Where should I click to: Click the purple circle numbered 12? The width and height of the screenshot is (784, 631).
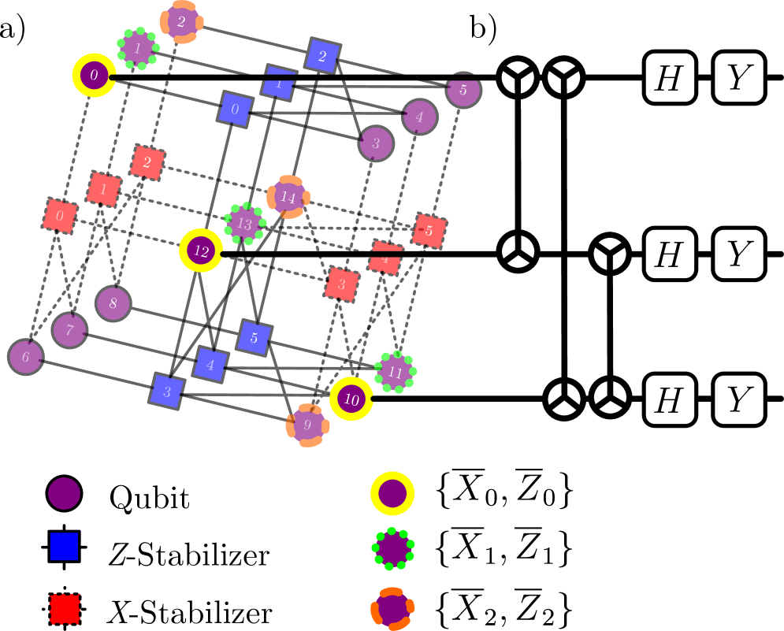coord(201,251)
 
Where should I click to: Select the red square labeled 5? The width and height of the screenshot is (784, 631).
coord(429,231)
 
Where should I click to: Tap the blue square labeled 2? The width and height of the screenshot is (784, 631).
coord(322,56)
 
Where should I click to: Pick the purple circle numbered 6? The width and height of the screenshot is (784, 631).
coord(26,357)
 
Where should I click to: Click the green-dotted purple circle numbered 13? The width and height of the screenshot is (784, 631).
coord(244,224)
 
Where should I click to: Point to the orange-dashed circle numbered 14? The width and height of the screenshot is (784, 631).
coord(288,197)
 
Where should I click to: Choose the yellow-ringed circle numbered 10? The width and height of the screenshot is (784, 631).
coord(351,399)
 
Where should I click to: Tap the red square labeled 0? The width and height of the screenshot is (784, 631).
coord(60,216)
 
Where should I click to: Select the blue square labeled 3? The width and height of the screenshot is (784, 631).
coord(167,392)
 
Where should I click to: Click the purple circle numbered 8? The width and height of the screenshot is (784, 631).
coord(113,303)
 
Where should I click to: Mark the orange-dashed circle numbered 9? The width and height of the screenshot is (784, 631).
coord(307,425)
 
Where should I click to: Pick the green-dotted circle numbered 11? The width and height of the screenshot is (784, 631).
coord(396,372)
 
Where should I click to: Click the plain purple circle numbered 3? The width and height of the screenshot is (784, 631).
coord(376,143)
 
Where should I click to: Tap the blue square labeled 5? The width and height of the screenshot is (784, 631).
coord(254,338)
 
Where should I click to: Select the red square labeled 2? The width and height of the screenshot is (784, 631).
coord(147,163)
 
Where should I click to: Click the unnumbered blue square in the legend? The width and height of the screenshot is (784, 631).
coord(64,546)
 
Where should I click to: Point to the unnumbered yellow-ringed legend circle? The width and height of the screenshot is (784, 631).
coord(392,494)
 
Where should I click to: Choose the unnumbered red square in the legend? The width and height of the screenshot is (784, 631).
coord(65,608)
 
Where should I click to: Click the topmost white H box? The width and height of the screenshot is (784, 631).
coord(670,77)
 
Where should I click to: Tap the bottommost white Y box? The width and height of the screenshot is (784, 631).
coord(739,399)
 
